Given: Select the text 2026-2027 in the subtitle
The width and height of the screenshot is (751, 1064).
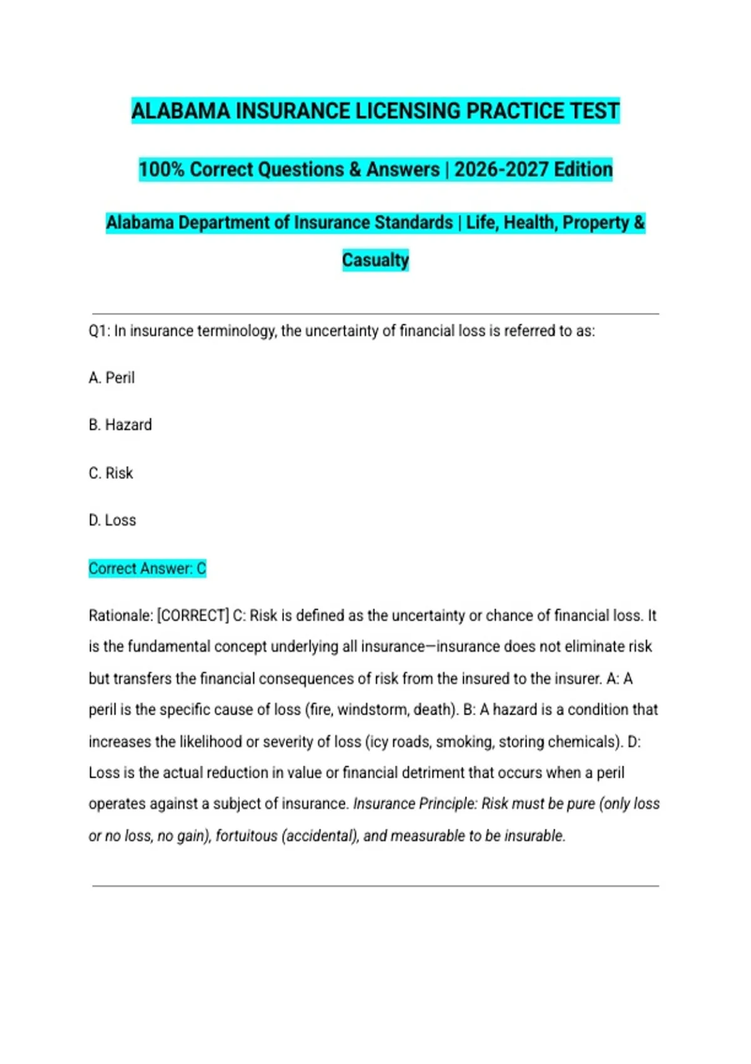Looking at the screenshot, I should click(x=493, y=169).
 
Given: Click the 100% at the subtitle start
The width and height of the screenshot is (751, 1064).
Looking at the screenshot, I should click(x=161, y=169).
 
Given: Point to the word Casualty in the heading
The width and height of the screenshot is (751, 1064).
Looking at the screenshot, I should click(x=375, y=260).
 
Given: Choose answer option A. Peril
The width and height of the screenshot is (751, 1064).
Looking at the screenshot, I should click(x=111, y=377).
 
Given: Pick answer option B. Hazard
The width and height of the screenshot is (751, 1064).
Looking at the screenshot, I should click(x=120, y=425).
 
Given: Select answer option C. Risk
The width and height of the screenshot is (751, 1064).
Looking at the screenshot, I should click(x=111, y=473).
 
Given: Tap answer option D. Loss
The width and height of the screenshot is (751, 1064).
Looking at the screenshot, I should click(x=112, y=520).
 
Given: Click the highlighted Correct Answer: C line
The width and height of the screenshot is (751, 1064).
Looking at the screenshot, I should click(x=147, y=568).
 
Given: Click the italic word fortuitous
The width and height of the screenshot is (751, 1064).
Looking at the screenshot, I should click(x=246, y=836).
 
